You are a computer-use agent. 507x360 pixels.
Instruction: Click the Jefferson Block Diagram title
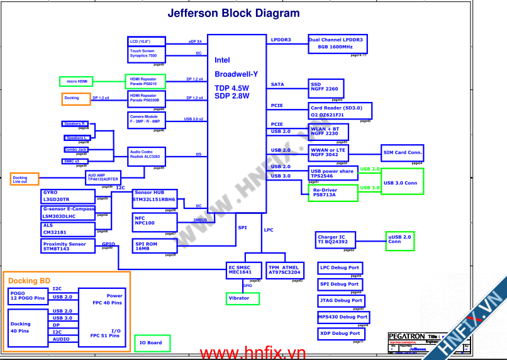click(x=233, y=13)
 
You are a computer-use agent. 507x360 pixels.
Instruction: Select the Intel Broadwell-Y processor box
click(x=237, y=123)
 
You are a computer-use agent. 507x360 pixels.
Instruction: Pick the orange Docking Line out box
click(x=24, y=179)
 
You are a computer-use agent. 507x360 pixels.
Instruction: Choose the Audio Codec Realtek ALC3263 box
click(x=147, y=154)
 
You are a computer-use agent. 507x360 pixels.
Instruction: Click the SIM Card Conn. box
click(x=403, y=153)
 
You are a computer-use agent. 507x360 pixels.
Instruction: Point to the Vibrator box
click(x=242, y=298)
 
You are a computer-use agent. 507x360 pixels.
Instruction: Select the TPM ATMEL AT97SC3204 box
click(x=284, y=270)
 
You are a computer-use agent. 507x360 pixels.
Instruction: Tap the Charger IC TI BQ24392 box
click(x=336, y=240)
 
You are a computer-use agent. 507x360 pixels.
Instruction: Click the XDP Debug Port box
click(x=340, y=334)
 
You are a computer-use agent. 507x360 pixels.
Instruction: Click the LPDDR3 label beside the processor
click(x=281, y=40)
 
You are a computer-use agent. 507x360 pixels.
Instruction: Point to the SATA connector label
click(x=277, y=84)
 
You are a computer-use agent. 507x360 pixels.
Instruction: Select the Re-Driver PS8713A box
click(x=332, y=193)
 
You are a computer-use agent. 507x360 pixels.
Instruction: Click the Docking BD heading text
click(x=29, y=281)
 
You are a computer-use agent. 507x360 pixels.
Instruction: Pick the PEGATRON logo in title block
click(x=406, y=337)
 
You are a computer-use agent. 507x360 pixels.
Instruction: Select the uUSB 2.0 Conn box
click(x=400, y=239)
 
